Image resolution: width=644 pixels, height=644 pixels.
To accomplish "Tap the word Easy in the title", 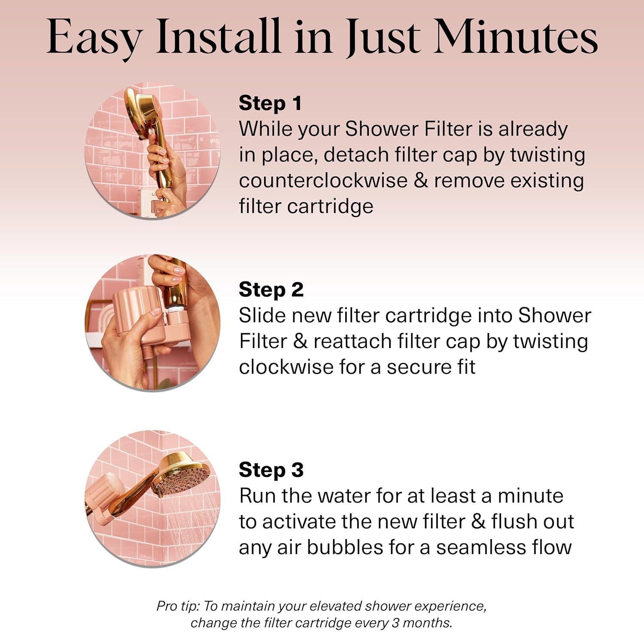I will (94, 38).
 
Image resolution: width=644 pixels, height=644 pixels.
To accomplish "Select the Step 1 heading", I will (270, 103).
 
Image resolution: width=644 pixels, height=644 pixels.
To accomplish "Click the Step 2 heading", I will (271, 290).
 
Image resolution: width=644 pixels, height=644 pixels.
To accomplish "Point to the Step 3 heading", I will (271, 470).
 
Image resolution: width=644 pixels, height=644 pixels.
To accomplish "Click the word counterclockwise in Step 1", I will (323, 181).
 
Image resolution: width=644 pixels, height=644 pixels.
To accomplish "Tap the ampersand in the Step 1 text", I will (420, 181).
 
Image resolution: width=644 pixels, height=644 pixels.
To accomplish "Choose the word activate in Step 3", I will (298, 522).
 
